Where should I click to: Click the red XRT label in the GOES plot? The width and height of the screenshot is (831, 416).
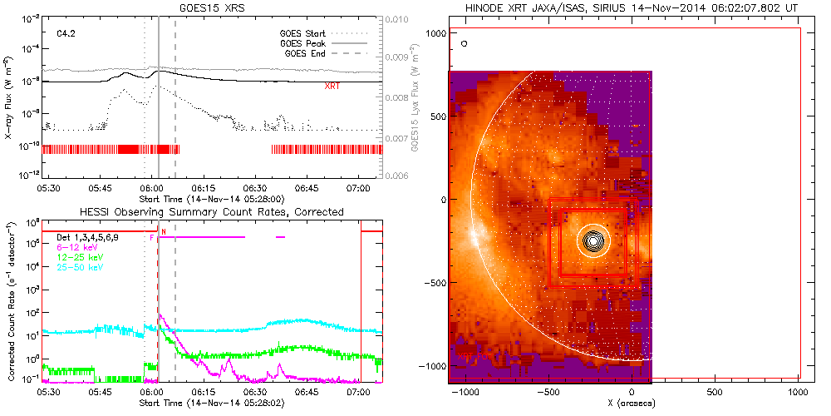[332, 86]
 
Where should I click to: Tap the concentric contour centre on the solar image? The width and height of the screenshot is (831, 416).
[593, 241]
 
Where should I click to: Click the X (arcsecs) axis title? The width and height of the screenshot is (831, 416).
[633, 404]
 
